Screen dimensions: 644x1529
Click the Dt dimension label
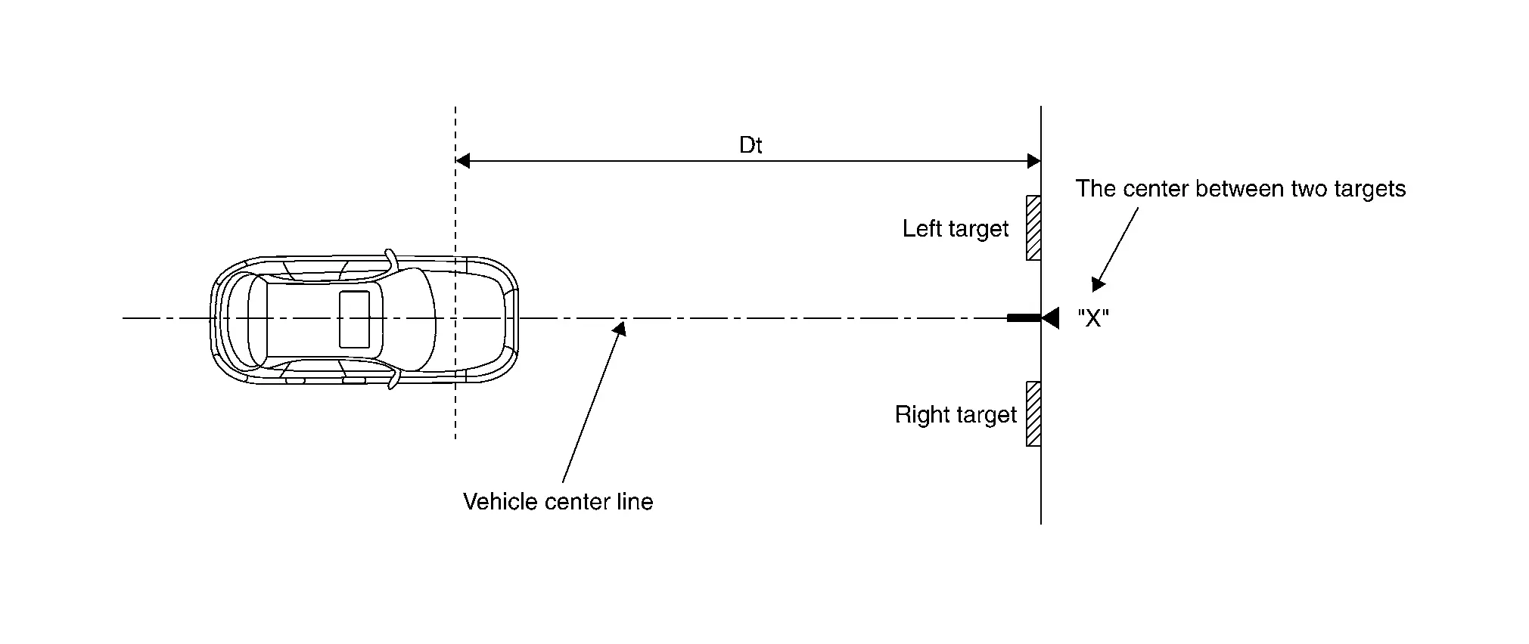click(750, 145)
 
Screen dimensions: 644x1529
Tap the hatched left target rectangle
click(1033, 228)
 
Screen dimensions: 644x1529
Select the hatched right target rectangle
click(1033, 413)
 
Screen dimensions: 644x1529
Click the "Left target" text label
click(955, 229)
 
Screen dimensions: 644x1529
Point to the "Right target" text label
click(955, 415)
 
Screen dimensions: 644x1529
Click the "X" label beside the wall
click(1092, 318)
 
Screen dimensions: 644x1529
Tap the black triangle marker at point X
click(1050, 318)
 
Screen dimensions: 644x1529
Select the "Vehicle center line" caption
click(558, 502)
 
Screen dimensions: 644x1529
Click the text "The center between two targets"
click(1240, 189)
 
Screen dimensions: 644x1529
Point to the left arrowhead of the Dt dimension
click(462, 160)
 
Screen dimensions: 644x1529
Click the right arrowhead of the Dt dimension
click(1033, 160)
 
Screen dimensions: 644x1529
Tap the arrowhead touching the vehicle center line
click(620, 327)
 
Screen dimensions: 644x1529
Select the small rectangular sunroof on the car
click(354, 319)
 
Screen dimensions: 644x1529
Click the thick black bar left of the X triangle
click(1023, 318)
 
